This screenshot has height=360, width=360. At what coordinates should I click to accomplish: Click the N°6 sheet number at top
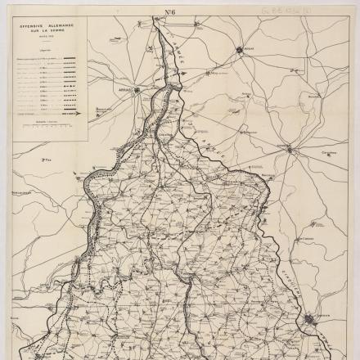pos(172,13)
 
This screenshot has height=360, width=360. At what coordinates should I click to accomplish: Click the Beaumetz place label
pos(101,107)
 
